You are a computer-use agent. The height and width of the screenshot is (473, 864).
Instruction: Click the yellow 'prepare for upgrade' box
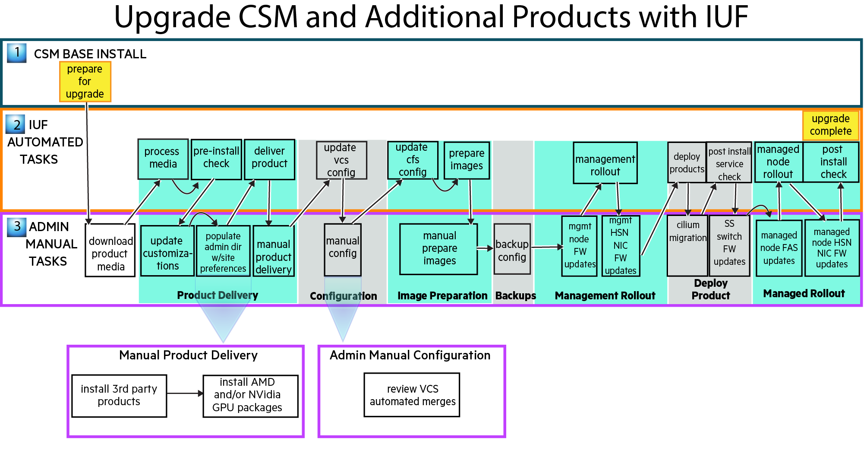point(85,82)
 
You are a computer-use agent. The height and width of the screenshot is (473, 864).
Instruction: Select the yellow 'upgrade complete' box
point(830,125)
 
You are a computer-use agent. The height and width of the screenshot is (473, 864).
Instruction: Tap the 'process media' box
point(163,159)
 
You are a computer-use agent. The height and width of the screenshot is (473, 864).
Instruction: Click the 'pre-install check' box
point(216,159)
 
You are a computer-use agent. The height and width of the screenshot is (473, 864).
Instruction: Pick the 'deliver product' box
point(269,159)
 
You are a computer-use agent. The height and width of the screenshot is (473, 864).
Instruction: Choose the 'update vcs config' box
point(341,160)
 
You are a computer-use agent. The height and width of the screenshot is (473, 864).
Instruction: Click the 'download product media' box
point(110,251)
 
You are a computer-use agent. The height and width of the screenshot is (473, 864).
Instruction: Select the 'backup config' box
point(512,249)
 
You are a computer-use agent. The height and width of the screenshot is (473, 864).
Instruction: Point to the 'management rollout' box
point(605,163)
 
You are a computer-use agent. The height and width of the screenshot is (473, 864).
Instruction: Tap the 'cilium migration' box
point(687,245)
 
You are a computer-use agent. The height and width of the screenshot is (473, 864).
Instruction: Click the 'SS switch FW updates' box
point(729,245)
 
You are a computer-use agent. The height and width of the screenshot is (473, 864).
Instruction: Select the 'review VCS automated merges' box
point(412,395)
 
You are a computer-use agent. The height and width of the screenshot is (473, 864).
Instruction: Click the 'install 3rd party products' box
point(119,396)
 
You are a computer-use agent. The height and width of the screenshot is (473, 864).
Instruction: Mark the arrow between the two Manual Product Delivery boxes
point(185,394)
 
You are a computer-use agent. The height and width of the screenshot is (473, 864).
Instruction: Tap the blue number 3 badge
point(17,227)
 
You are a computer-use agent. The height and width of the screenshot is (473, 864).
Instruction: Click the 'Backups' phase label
point(515,296)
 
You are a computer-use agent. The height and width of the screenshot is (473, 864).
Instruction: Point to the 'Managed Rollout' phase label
point(804,294)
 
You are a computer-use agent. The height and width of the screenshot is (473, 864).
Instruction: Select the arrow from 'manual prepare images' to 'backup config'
point(485,248)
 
